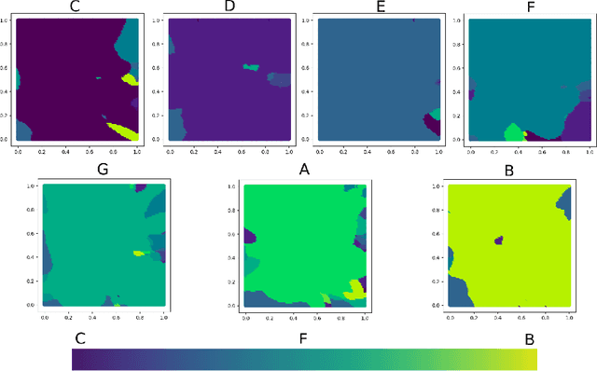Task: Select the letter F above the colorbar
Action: pos(304,339)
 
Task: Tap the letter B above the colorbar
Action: pos(529,339)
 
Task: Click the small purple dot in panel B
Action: pos(498,240)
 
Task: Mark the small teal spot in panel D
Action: pos(249,66)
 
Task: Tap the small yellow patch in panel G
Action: pos(140,253)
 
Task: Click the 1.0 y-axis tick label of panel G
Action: pos(30,186)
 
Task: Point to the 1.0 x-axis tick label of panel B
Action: pos(569,318)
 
